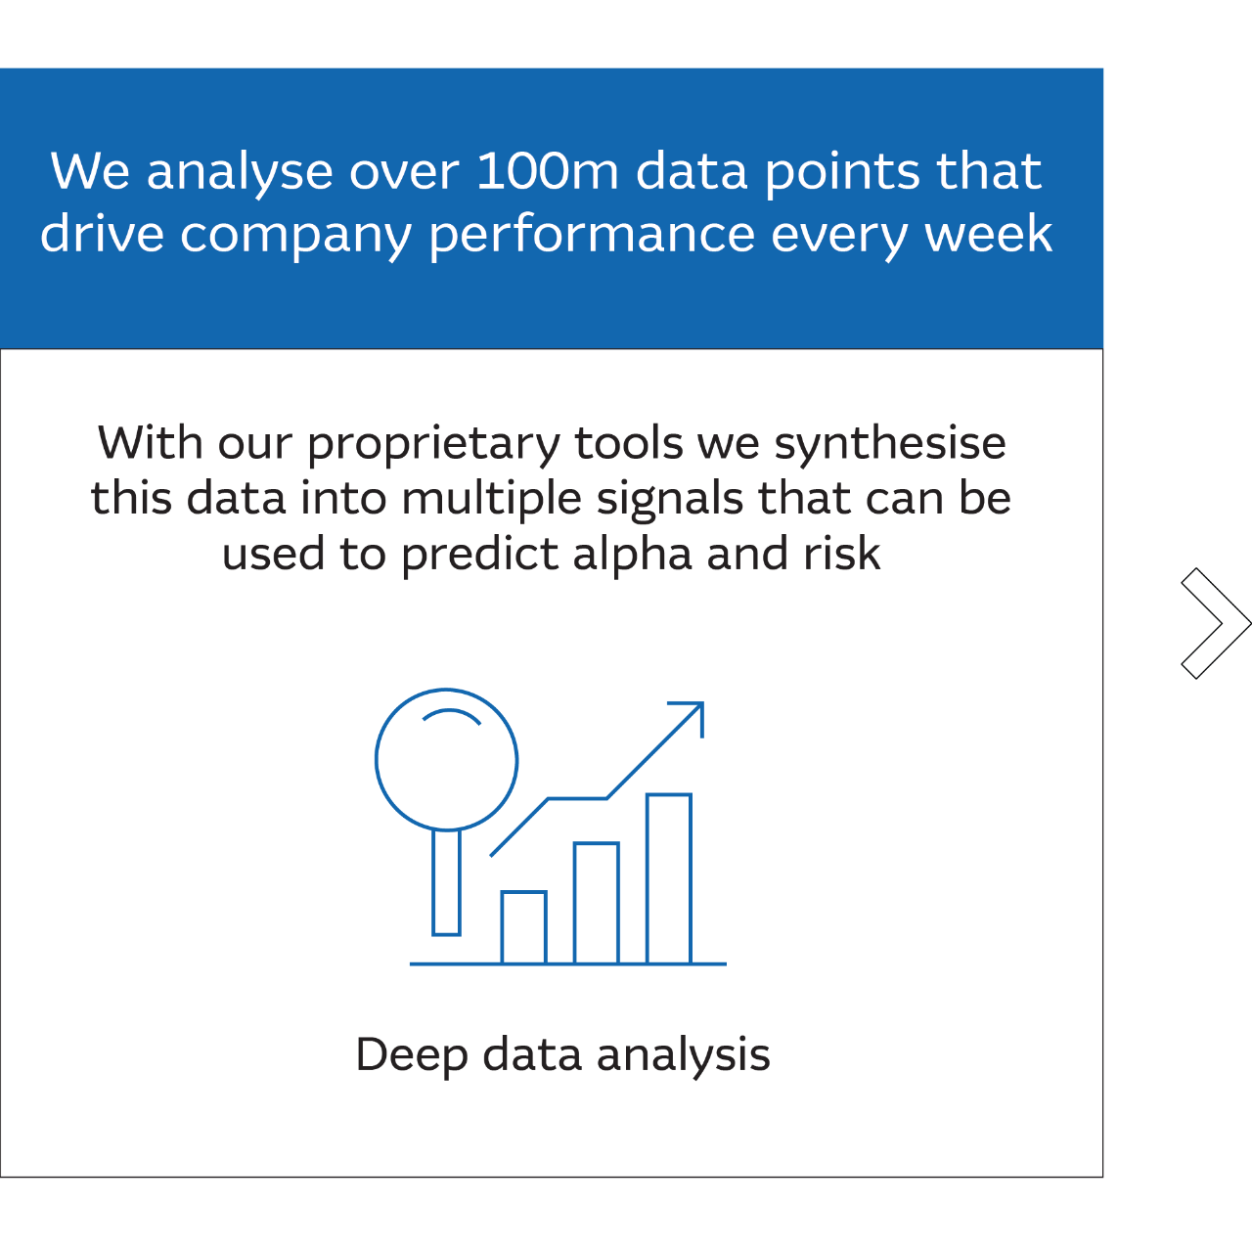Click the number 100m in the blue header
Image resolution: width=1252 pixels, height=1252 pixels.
(547, 171)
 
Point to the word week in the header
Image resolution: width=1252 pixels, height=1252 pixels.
(988, 234)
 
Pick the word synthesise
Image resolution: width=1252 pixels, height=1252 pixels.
(890, 444)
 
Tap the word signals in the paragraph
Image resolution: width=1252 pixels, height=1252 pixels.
(670, 500)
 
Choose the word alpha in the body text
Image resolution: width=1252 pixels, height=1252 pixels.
(632, 556)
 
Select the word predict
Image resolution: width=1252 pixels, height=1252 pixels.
(479, 556)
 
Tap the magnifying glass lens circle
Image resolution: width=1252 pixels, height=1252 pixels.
(377, 759)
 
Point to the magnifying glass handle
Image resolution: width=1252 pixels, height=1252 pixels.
(446, 882)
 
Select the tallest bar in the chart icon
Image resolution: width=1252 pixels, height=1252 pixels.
(669, 877)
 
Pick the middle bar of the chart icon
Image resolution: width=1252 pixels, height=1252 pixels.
(597, 903)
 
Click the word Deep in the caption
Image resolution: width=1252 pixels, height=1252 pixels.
(411, 1054)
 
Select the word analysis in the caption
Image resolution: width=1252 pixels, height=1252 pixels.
(684, 1054)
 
